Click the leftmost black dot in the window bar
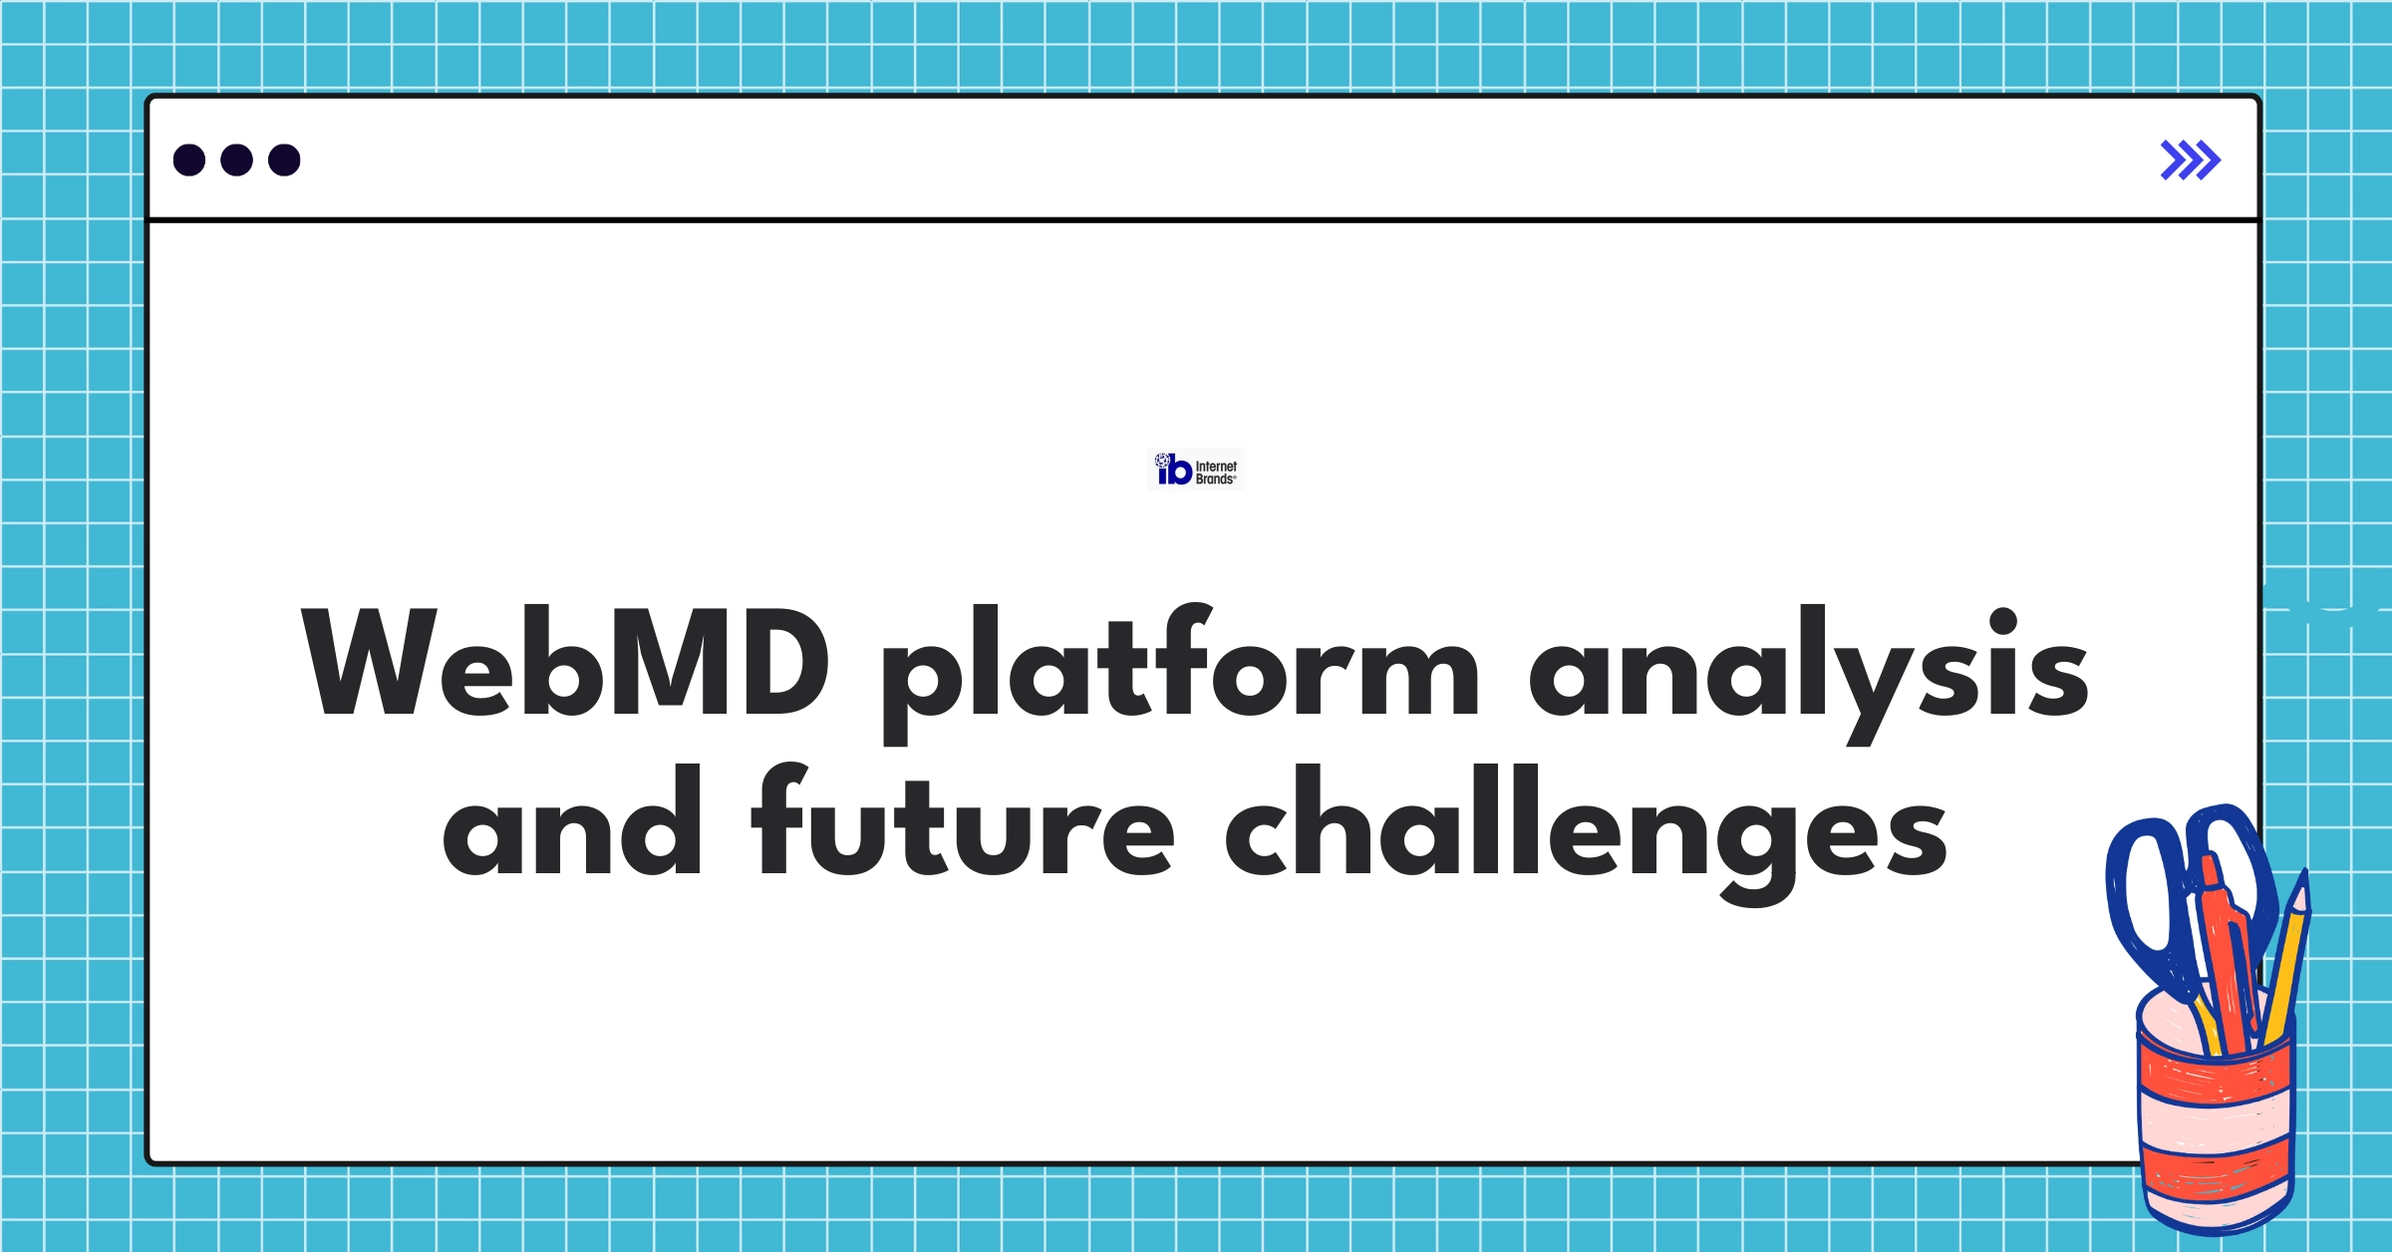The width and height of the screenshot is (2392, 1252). pyautogui.click(x=189, y=159)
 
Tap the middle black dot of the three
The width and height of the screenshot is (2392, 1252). pyautogui.click(x=236, y=159)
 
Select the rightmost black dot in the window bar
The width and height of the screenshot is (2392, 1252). pyautogui.click(x=284, y=159)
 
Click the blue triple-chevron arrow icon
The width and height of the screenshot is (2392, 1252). pyautogui.click(x=2190, y=160)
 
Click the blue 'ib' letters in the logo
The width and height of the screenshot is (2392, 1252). pyautogui.click(x=1175, y=470)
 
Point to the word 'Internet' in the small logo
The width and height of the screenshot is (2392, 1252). pyautogui.click(x=1216, y=466)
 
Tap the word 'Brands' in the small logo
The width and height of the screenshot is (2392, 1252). pyautogui.click(x=1215, y=479)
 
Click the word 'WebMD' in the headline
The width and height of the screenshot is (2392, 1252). pyautogui.click(x=565, y=663)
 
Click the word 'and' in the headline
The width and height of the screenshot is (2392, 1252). pyautogui.click(x=573, y=823)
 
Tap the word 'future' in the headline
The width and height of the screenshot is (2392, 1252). pyautogui.click(x=963, y=823)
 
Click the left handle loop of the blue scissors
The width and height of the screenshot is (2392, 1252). pyautogui.click(x=2143, y=897)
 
